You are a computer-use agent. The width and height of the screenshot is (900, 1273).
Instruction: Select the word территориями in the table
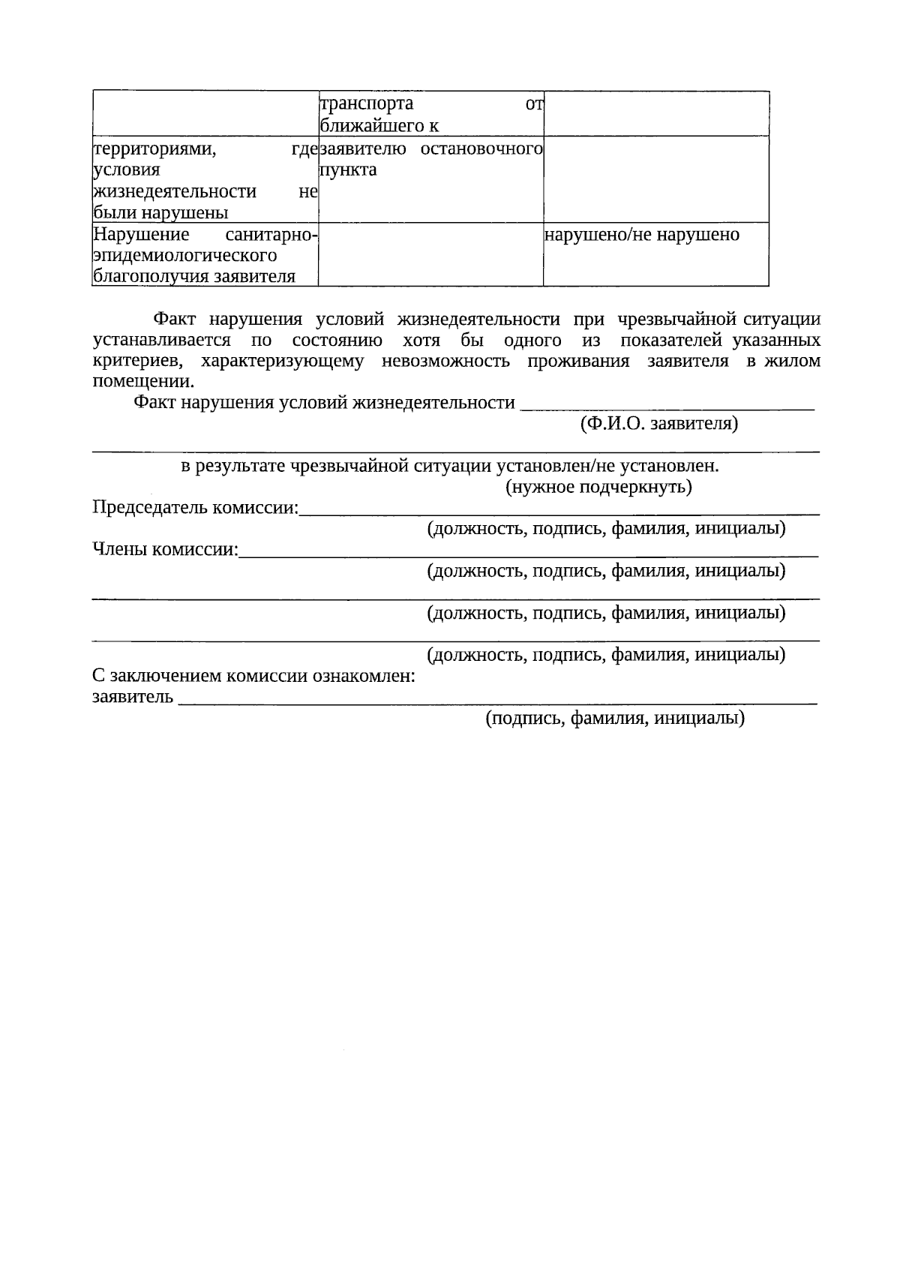(154, 149)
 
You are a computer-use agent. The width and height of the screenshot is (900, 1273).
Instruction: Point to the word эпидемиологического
(184, 256)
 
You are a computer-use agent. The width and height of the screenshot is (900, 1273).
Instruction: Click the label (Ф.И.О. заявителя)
(658, 424)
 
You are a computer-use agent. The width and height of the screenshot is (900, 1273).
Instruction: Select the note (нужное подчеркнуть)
(598, 488)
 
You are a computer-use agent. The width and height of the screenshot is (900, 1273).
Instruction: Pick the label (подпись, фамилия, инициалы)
(614, 719)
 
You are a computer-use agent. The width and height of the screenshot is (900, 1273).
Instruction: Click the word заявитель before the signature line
(133, 698)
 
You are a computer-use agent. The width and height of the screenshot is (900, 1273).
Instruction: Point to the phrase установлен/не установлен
(607, 467)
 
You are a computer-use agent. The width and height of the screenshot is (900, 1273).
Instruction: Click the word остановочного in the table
(481, 149)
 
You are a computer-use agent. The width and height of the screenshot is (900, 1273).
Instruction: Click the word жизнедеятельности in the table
(175, 192)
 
